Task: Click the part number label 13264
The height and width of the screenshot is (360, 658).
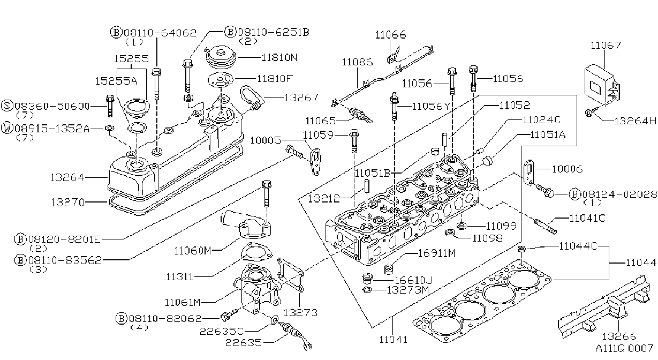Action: [67, 177]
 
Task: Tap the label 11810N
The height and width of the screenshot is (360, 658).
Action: [279, 57]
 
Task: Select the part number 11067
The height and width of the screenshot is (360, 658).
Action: [606, 45]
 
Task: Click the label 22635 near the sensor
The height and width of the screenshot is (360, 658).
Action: [244, 343]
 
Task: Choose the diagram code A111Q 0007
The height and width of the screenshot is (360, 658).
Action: [624, 349]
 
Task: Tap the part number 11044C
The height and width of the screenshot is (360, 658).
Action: [578, 246]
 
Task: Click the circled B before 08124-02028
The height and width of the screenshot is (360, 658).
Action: [575, 194]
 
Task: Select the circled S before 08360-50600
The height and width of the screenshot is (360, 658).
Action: [7, 106]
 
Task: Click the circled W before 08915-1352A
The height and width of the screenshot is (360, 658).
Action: [7, 129]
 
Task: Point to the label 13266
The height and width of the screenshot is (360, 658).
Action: [618, 336]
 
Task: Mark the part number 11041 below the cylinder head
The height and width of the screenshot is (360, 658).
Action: [394, 340]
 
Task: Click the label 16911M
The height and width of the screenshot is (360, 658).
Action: [436, 253]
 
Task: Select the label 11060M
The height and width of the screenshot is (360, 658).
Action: [193, 251]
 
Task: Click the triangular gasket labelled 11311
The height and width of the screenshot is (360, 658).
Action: [255, 252]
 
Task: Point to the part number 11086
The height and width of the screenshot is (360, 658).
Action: [357, 62]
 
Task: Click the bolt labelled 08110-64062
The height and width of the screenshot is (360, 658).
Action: [157, 84]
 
